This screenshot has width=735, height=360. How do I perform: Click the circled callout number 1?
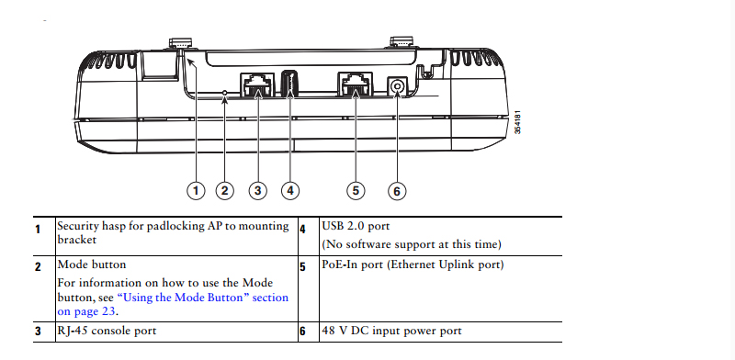196,191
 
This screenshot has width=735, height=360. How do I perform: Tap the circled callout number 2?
224,191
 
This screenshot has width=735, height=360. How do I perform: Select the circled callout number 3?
257,191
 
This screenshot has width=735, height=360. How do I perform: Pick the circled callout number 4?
290,191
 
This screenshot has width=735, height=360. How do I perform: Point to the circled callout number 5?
356,191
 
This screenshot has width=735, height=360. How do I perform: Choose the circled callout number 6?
397,191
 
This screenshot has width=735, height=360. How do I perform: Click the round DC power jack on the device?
397,86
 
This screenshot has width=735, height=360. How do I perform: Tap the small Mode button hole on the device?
225,93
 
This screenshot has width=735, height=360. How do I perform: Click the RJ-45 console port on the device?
257,84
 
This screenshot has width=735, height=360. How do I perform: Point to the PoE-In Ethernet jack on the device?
355,84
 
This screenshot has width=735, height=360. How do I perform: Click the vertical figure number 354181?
517,122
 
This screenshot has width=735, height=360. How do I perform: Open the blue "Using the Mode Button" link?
173,304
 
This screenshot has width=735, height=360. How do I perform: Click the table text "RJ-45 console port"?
107,331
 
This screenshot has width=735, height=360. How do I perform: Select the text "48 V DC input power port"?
392,331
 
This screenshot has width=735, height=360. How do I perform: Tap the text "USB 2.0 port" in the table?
356,226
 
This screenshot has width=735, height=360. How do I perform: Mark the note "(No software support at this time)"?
412,244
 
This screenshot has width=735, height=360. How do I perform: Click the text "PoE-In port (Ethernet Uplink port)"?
413,264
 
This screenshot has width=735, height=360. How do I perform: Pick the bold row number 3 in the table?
38,331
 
